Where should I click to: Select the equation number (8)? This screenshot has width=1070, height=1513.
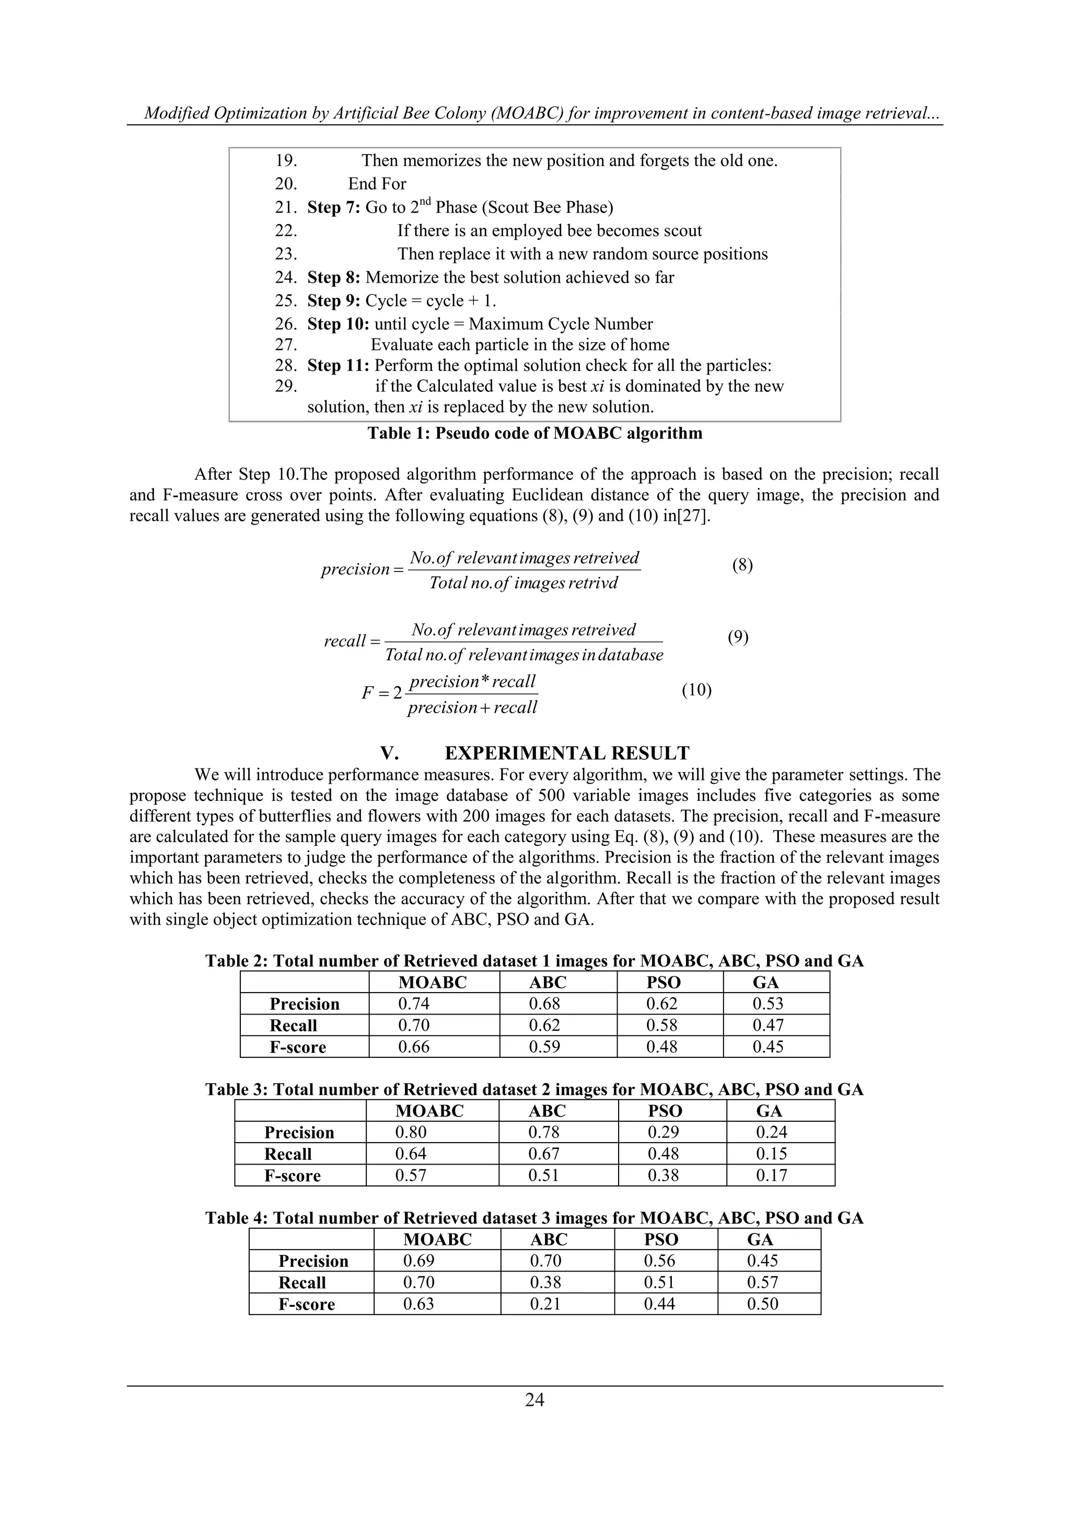(x=742, y=565)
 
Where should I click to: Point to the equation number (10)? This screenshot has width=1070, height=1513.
(x=696, y=690)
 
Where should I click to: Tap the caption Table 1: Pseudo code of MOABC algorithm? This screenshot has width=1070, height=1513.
(x=534, y=433)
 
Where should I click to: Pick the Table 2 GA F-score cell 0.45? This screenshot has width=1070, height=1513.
(x=768, y=1046)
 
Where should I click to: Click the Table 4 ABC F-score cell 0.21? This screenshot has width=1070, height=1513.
(x=545, y=1303)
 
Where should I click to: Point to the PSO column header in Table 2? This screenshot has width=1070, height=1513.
(x=663, y=983)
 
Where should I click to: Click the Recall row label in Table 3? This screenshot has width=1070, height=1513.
(x=288, y=1154)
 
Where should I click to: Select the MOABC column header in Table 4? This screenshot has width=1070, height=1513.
(x=437, y=1240)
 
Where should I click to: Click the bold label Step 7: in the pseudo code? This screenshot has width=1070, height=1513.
(x=333, y=207)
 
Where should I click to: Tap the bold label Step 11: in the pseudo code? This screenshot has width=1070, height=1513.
(x=338, y=366)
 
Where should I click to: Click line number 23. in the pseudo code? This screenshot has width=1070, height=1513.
(x=286, y=254)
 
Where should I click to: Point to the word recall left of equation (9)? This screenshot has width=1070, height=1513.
(x=345, y=641)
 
